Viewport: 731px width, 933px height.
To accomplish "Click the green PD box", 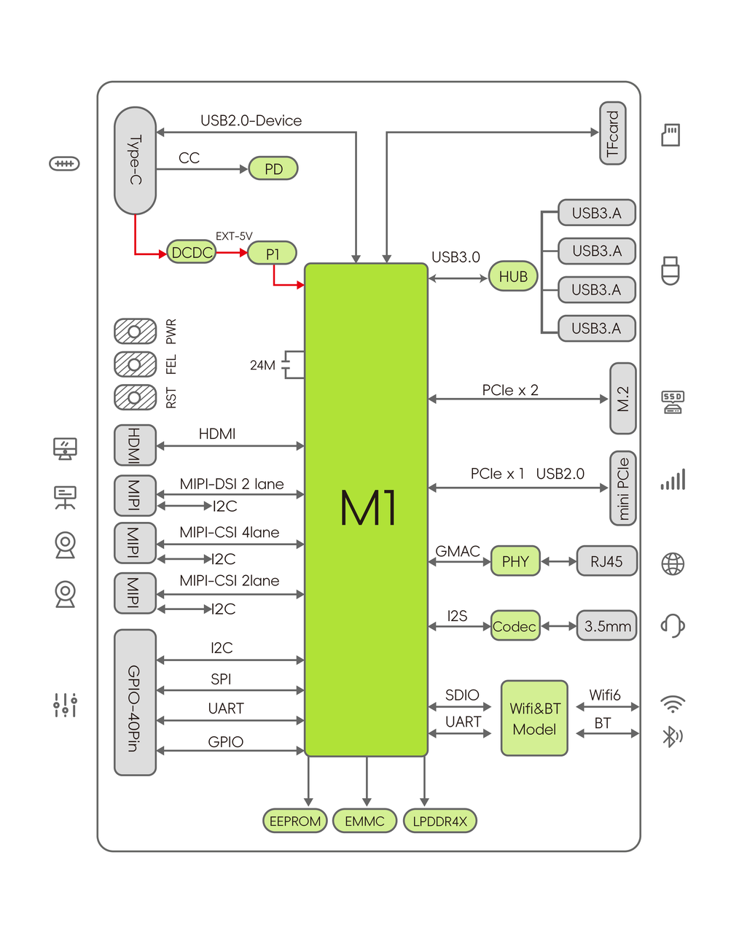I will [273, 168].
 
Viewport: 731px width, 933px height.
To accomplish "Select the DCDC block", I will [192, 252].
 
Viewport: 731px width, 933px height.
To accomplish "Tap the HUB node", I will [513, 276].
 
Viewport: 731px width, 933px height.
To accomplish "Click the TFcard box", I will [612, 133].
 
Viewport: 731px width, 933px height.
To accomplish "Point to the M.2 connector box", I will [622, 399].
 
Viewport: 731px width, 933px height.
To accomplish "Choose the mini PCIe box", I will [622, 488].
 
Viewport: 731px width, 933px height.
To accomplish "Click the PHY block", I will [515, 561].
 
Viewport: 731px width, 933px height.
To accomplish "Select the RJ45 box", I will [606, 561].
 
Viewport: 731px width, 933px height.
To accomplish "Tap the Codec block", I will [515, 626].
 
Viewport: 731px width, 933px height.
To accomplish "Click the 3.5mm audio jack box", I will [606, 626].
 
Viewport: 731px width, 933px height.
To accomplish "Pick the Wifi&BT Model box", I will [534, 718].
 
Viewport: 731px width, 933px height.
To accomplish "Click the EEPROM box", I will [294, 821].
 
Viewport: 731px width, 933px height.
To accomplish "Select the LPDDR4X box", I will [439, 821].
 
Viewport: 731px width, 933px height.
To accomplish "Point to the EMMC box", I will [364, 821].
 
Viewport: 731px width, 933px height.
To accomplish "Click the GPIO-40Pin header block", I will [135, 703].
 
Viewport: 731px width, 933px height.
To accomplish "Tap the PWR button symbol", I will [135, 332].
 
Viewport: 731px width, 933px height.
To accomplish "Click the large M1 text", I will [368, 508].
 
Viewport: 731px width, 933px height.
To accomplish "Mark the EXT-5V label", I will [234, 236].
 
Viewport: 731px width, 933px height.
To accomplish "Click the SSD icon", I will [672, 402].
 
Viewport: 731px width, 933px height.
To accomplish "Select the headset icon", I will [672, 625].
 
